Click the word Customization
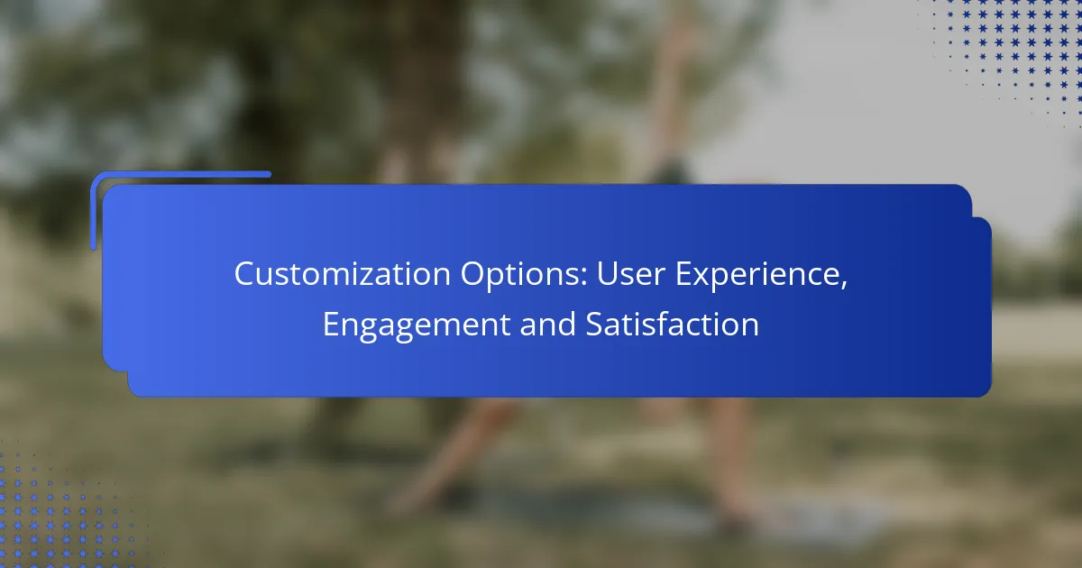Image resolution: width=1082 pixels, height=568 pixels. (343, 274)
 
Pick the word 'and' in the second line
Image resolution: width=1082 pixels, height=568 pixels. (548, 324)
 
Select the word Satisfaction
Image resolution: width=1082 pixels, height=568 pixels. (672, 324)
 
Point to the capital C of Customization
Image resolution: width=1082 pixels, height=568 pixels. (244, 274)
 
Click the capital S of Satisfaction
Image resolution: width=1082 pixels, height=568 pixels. (594, 324)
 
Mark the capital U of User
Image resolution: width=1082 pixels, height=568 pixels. (608, 274)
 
